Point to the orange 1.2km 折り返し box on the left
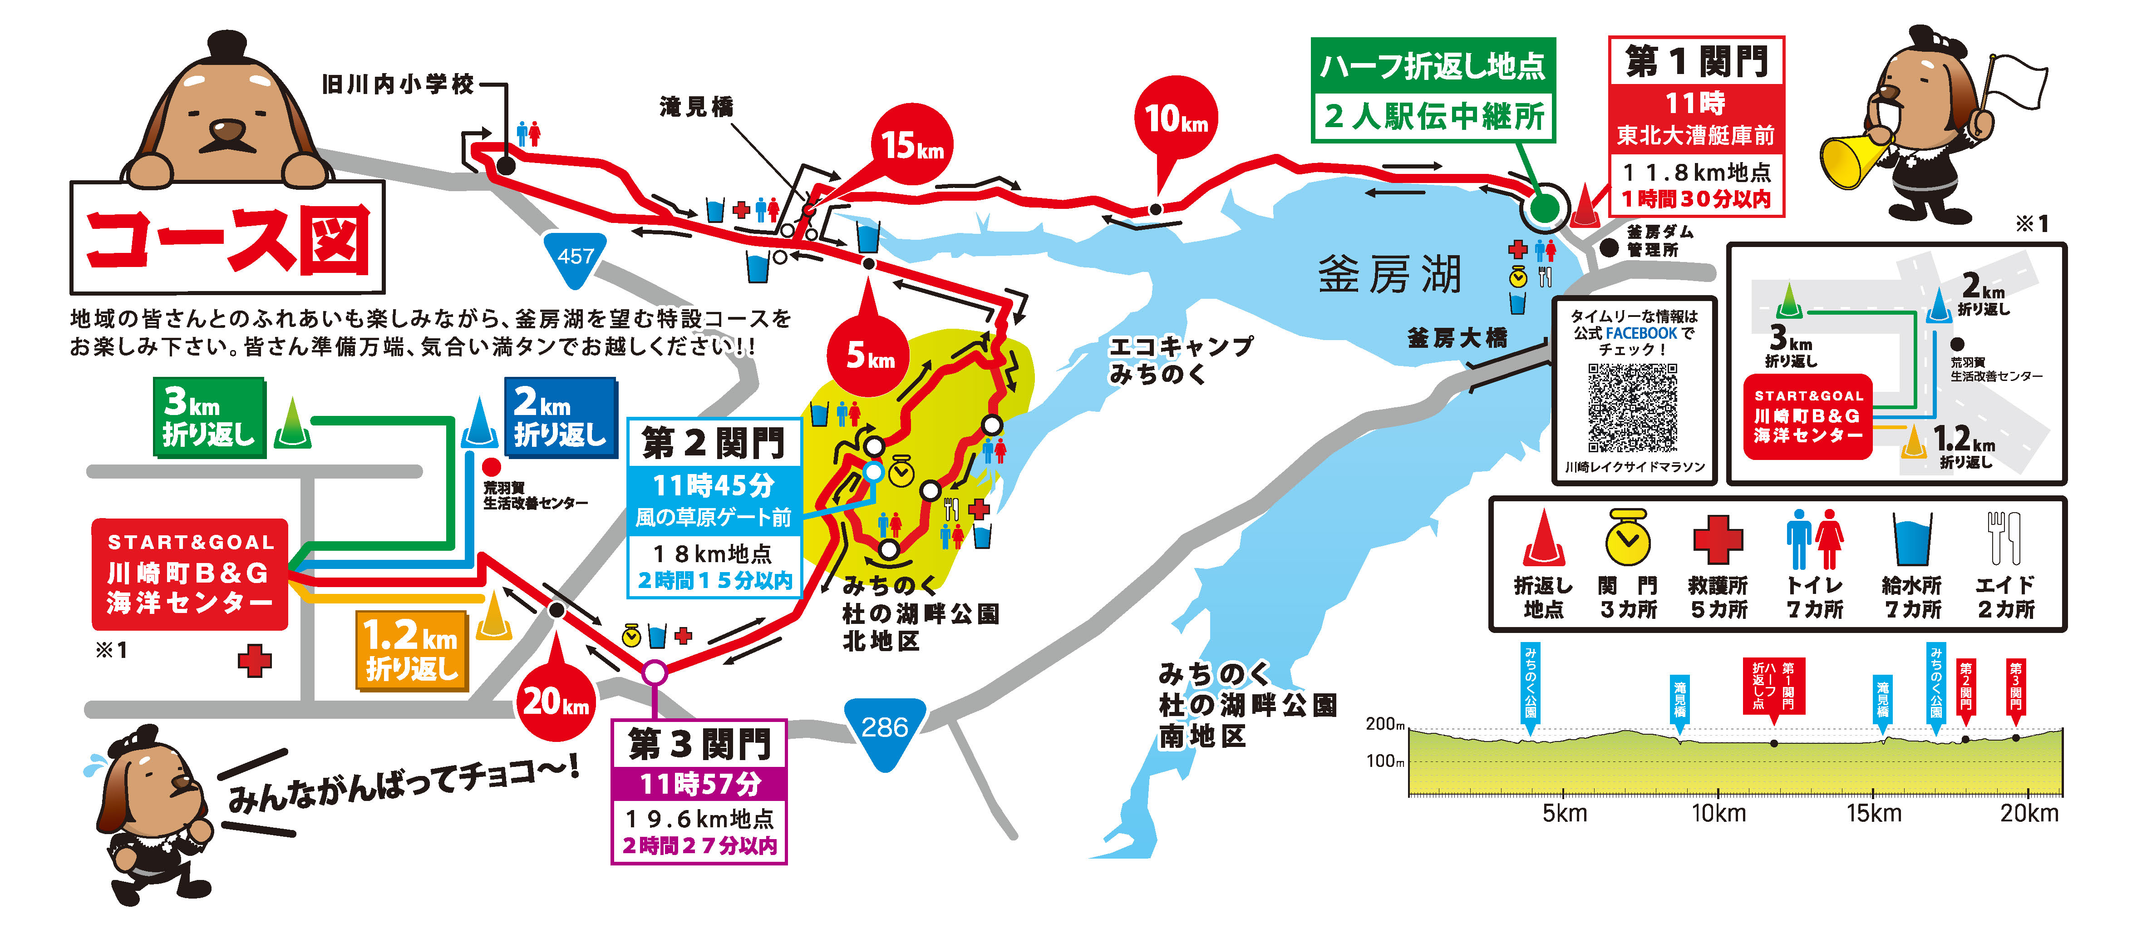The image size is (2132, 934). tap(411, 651)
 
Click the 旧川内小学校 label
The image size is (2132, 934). tap(397, 84)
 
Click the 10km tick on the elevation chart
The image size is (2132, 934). tap(1718, 813)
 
